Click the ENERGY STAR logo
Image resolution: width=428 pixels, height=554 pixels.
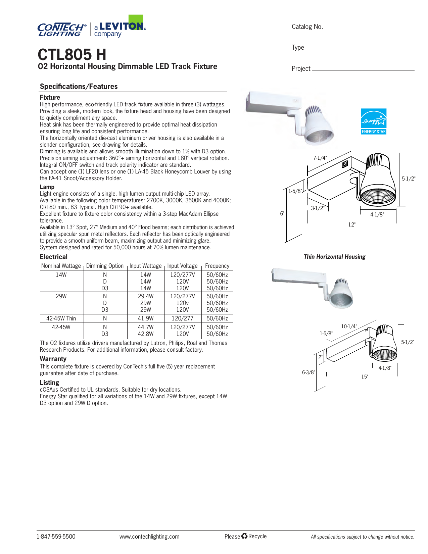374,121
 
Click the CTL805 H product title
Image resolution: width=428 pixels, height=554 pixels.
72,54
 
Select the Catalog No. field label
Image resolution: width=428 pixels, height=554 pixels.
307,27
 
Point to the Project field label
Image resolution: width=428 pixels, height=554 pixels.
301,69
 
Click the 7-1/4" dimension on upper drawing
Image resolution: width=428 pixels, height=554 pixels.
320,158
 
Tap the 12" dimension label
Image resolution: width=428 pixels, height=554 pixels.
351,224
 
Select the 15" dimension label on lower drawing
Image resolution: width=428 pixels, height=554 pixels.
365,377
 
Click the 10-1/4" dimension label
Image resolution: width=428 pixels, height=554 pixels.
349,326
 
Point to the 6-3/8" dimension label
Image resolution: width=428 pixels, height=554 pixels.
308,372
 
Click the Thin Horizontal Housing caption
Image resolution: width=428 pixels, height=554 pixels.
334,257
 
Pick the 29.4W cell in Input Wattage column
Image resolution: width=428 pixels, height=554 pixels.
146,296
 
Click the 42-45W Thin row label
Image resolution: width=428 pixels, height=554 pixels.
61,318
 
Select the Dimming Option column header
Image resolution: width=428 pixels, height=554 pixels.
105,266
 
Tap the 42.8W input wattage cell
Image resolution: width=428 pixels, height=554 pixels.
146,334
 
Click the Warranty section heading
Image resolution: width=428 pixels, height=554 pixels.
53,359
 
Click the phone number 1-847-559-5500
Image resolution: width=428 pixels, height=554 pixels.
56,537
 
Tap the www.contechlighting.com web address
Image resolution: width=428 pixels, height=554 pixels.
149,537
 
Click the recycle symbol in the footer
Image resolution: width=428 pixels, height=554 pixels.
244,536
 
